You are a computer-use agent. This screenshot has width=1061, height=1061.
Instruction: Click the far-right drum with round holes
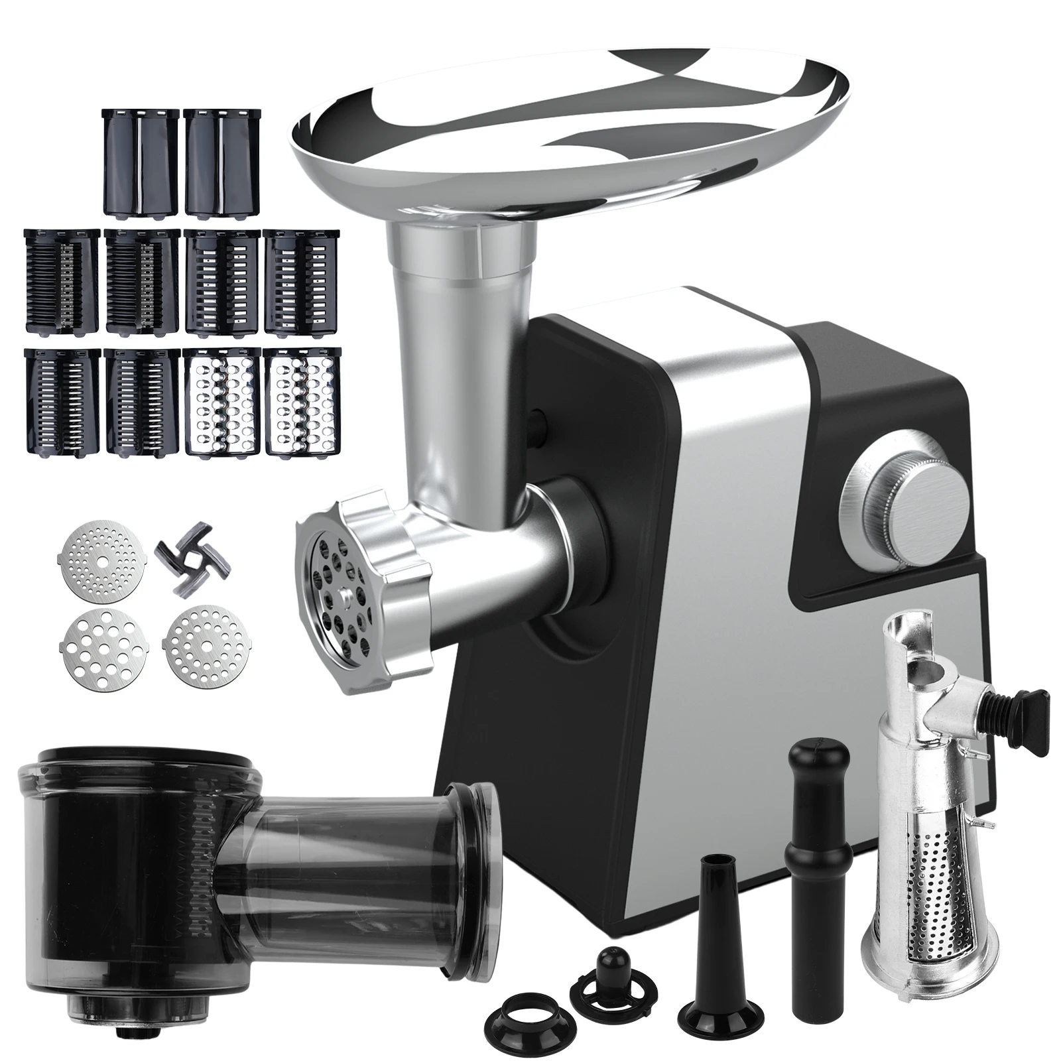pos(301,401)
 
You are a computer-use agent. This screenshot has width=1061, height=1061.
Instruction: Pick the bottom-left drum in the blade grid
pos(62,402)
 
